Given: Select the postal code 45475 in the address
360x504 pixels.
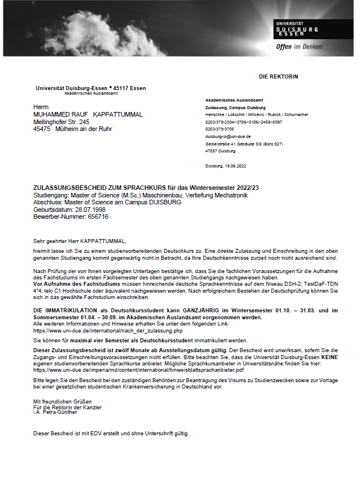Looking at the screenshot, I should (42, 129).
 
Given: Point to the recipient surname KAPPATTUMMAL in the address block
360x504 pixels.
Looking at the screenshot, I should (118, 114).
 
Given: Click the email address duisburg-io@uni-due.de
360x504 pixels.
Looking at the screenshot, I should (228, 137).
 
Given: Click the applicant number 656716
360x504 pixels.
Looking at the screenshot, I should (98, 217).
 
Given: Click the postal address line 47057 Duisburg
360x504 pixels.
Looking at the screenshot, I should (220, 151).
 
